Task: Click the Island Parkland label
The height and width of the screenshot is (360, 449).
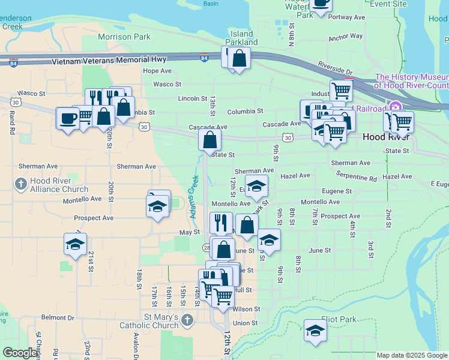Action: pyautogui.click(x=241, y=38)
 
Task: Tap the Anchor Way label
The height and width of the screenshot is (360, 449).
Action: pyautogui.click(x=346, y=37)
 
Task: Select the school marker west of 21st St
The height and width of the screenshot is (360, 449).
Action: pyautogui.click(x=75, y=244)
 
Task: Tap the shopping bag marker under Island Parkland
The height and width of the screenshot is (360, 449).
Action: pyautogui.click(x=239, y=59)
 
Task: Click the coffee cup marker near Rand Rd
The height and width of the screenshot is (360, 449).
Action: pyautogui.click(x=67, y=117)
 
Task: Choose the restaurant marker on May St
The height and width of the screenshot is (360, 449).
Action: pyautogui.click(x=221, y=223)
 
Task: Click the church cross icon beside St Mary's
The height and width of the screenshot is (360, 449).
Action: pyautogui.click(x=187, y=320)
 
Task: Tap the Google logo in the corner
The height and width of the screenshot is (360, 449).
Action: pyautogui.click(x=20, y=353)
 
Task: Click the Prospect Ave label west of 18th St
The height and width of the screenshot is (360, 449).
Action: pyautogui.click(x=94, y=218)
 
